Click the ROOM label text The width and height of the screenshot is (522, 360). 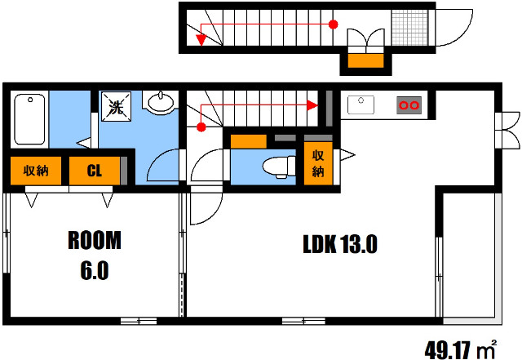(x=95, y=240)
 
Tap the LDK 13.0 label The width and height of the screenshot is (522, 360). (x=340, y=244)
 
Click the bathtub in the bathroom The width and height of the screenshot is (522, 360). (x=29, y=119)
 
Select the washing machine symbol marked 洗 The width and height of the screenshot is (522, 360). (x=116, y=107)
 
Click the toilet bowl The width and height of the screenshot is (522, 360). (x=279, y=167)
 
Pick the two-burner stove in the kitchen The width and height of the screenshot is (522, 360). (x=409, y=105)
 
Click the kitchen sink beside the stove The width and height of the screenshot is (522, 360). (x=361, y=104)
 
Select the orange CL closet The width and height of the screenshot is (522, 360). (x=95, y=171)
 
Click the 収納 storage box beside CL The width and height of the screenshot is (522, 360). (x=36, y=171)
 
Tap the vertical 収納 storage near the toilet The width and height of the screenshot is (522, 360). (x=318, y=163)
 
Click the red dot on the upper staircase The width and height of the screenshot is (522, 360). (x=334, y=24)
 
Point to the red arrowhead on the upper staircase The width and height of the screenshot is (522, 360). (x=201, y=40)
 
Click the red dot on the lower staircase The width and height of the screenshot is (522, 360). (x=201, y=127)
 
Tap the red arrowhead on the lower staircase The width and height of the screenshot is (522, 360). (x=312, y=105)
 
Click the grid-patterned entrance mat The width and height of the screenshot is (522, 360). (x=409, y=27)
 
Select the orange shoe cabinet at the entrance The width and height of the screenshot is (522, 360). (x=365, y=60)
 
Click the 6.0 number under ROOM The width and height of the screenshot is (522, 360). (x=95, y=271)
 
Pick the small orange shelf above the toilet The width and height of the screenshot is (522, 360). (x=248, y=141)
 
